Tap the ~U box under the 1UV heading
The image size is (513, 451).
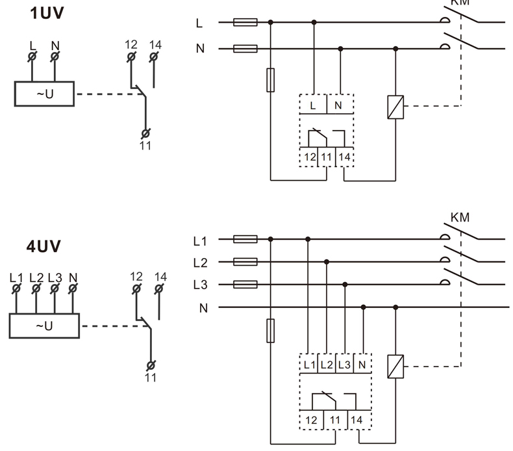click(44, 94)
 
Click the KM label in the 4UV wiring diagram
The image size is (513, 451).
click(459, 217)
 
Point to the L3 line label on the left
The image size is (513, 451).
click(200, 285)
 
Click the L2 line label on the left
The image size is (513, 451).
click(200, 263)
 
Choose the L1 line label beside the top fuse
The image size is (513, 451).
click(200, 241)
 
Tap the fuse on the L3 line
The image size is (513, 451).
click(245, 284)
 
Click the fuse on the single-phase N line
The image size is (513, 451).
click(245, 49)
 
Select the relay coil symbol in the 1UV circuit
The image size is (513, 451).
click(395, 106)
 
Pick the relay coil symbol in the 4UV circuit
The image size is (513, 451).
click(395, 367)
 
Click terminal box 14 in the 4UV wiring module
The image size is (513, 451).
click(357, 420)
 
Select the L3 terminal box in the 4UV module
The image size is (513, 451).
click(344, 365)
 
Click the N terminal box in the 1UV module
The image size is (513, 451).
click(340, 105)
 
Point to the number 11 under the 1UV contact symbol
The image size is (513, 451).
click(145, 146)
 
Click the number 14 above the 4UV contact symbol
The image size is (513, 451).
click(160, 277)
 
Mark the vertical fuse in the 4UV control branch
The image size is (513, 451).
click(271, 330)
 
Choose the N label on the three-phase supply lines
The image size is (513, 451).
click(203, 307)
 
